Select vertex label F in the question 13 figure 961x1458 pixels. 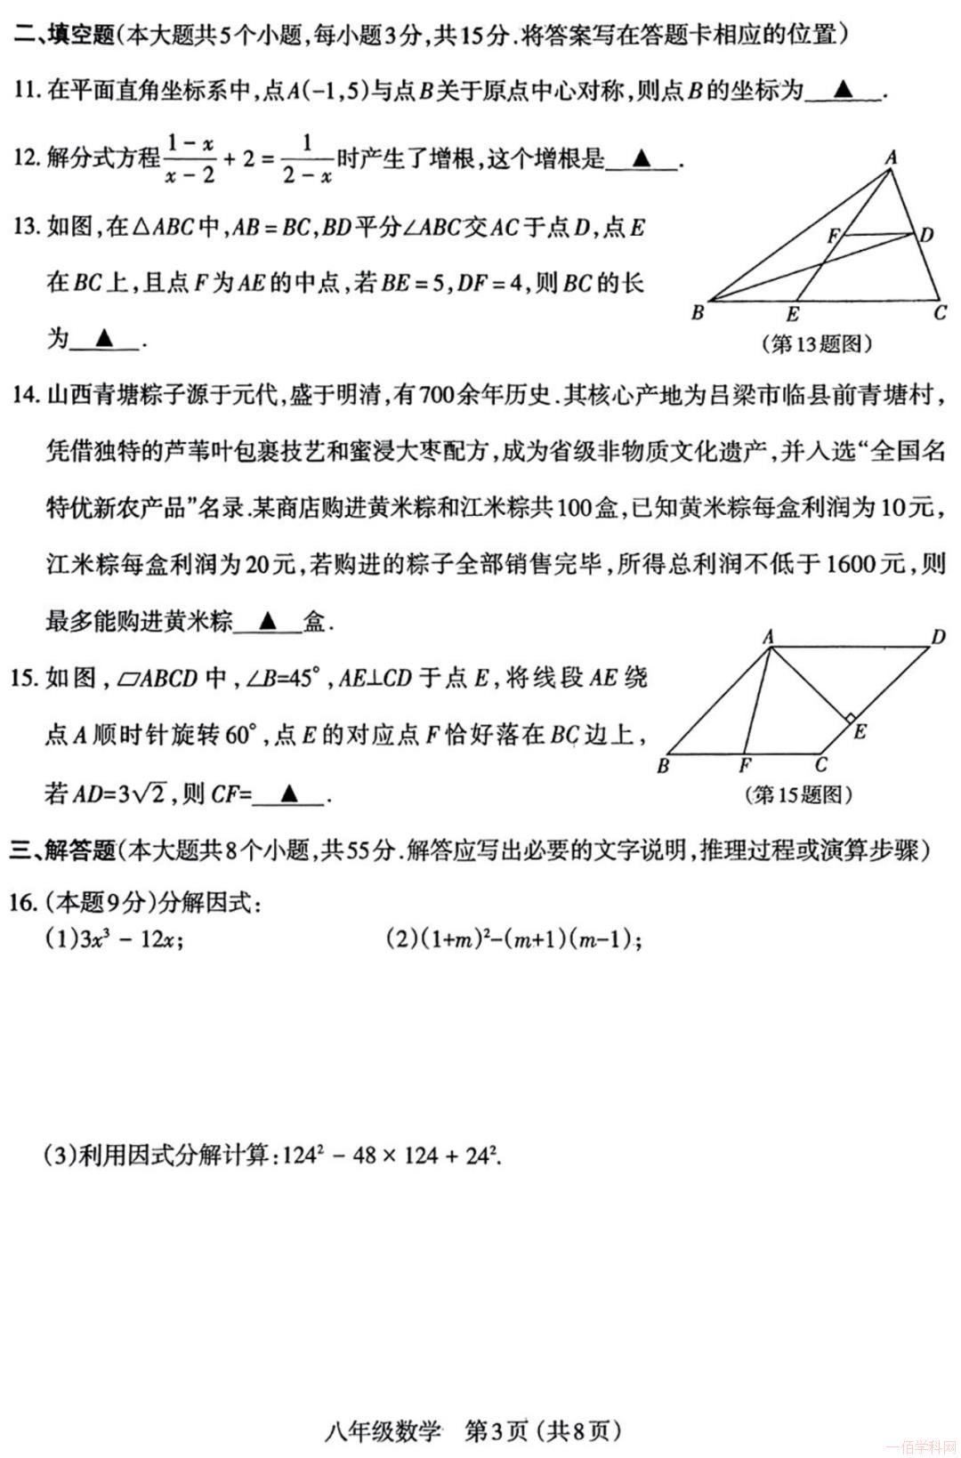(x=833, y=237)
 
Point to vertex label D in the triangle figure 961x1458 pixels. (x=926, y=235)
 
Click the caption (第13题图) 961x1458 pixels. (x=817, y=344)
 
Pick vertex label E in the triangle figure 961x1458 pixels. (x=793, y=314)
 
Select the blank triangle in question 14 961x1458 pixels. (x=268, y=620)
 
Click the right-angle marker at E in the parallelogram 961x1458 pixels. (x=850, y=718)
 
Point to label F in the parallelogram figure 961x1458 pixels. (x=746, y=765)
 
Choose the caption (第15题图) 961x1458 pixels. (x=798, y=794)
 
